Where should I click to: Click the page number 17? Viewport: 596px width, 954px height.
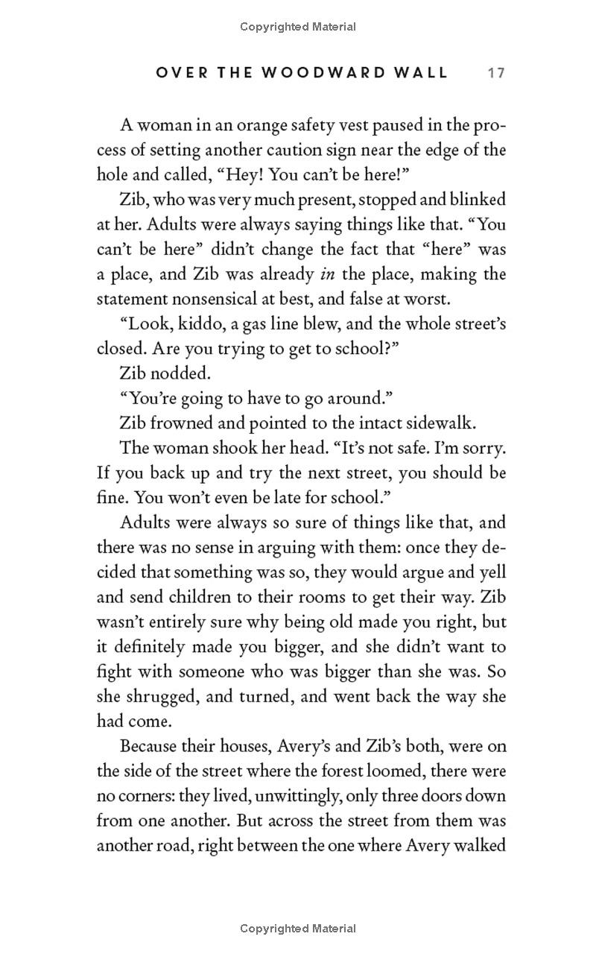pyautogui.click(x=496, y=73)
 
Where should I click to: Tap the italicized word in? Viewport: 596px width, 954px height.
pyautogui.click(x=326, y=274)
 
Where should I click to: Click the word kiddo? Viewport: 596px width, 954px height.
pyautogui.click(x=201, y=324)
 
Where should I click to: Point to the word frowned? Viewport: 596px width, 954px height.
pyautogui.click(x=182, y=423)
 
